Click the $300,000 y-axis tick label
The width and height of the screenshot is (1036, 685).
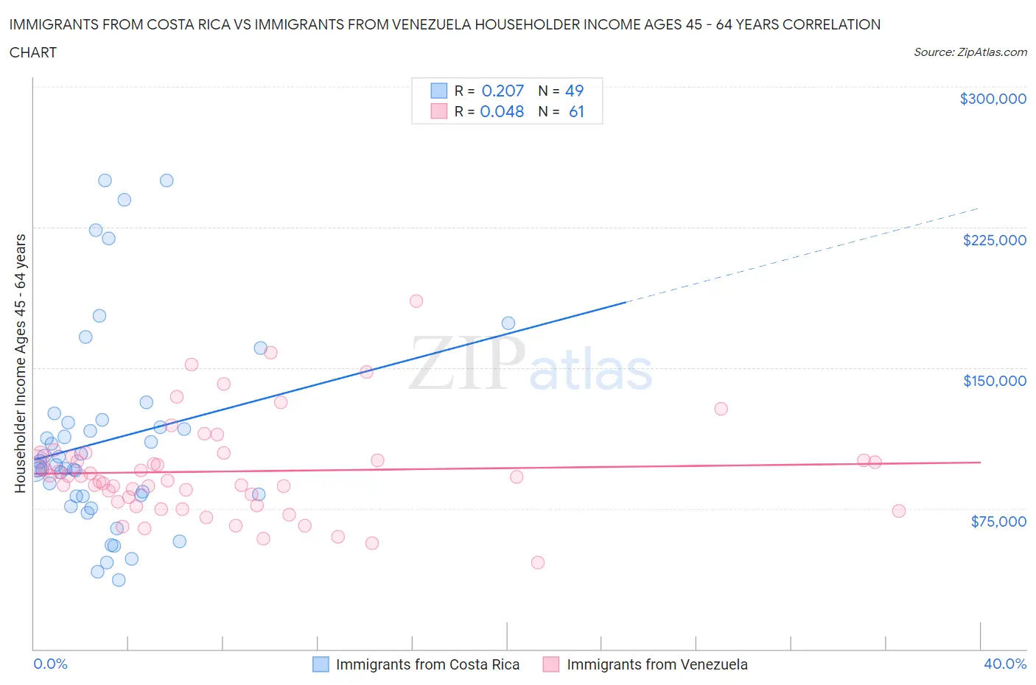993,99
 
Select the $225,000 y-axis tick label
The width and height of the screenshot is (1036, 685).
994,240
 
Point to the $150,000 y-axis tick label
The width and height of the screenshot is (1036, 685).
994,381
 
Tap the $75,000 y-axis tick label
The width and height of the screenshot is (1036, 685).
998,521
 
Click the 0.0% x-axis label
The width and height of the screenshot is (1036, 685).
50,664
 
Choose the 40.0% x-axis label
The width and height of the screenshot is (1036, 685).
1005,664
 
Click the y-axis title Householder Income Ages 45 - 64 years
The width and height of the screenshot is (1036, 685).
20,363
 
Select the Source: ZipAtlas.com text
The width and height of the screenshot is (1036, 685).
970,52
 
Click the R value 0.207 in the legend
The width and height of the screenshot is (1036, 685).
503,91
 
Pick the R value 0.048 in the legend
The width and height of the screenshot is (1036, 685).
502,111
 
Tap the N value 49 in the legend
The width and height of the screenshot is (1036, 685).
574,91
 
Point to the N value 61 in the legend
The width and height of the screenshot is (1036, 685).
576,111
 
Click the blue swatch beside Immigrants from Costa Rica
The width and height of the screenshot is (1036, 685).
321,664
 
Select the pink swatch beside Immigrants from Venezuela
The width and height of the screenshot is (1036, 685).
551,664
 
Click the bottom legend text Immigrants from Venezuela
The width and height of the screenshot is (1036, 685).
657,664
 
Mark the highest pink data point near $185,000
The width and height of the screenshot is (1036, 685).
416,301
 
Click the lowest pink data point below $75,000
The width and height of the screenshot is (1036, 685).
538,563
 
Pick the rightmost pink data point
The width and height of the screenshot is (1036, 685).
898,511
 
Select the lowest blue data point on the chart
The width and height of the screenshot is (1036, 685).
119,580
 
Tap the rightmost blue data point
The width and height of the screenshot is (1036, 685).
508,323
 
